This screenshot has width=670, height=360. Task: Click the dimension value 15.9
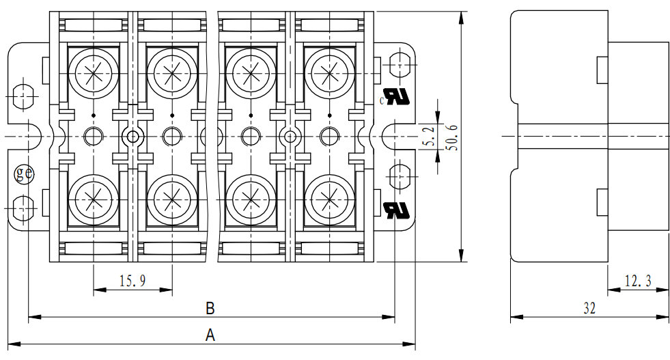pos(132,280)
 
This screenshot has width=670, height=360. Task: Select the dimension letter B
pos(210,308)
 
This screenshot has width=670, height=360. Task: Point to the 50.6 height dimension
pos(451,137)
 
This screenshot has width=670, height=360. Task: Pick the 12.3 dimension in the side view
pos(638,280)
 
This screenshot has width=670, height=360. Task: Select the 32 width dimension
pos(589,308)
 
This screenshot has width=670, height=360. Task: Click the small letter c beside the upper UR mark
pos(381,101)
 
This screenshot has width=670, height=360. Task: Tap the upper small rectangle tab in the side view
pos(602,69)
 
